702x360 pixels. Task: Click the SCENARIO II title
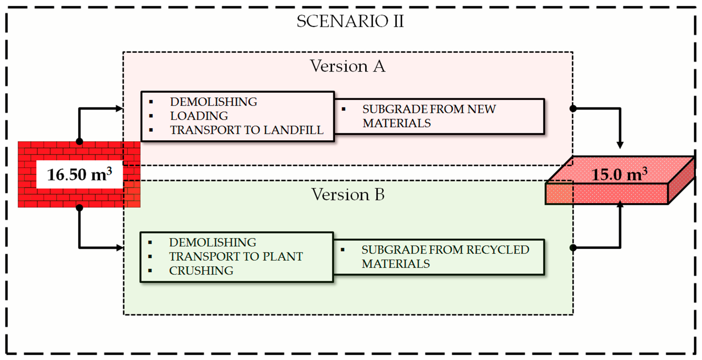point(350,21)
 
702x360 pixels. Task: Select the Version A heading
point(348,66)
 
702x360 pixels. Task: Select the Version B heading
point(348,194)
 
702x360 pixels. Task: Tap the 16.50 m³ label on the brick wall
point(79,174)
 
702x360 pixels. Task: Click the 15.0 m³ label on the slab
point(619,174)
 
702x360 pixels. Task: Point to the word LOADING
point(199,116)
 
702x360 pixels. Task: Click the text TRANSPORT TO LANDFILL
point(247,130)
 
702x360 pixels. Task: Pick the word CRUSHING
point(201,271)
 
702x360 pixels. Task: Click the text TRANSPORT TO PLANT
point(236,256)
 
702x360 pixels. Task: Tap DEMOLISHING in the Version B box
point(212,242)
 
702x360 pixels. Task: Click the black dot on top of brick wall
point(79,142)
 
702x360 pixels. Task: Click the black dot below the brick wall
point(79,208)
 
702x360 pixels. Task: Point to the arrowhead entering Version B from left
point(120,248)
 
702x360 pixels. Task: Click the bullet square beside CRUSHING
point(150,271)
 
